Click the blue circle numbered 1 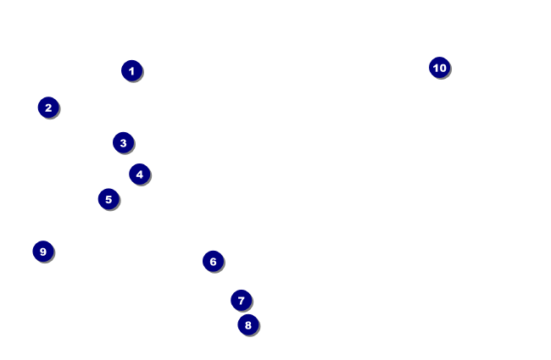131,70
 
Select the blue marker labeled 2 48,108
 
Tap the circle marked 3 123,142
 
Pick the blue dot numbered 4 140,174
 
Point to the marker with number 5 109,199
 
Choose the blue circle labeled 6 213,261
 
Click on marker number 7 242,300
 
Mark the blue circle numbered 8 248,324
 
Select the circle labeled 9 43,252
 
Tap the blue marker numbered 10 439,68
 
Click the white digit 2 48,108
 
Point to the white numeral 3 123,143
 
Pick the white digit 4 140,174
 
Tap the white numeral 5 109,200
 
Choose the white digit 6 213,262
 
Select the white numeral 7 242,301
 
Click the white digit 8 248,324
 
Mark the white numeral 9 43,252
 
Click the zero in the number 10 442,68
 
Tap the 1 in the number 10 435,68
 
